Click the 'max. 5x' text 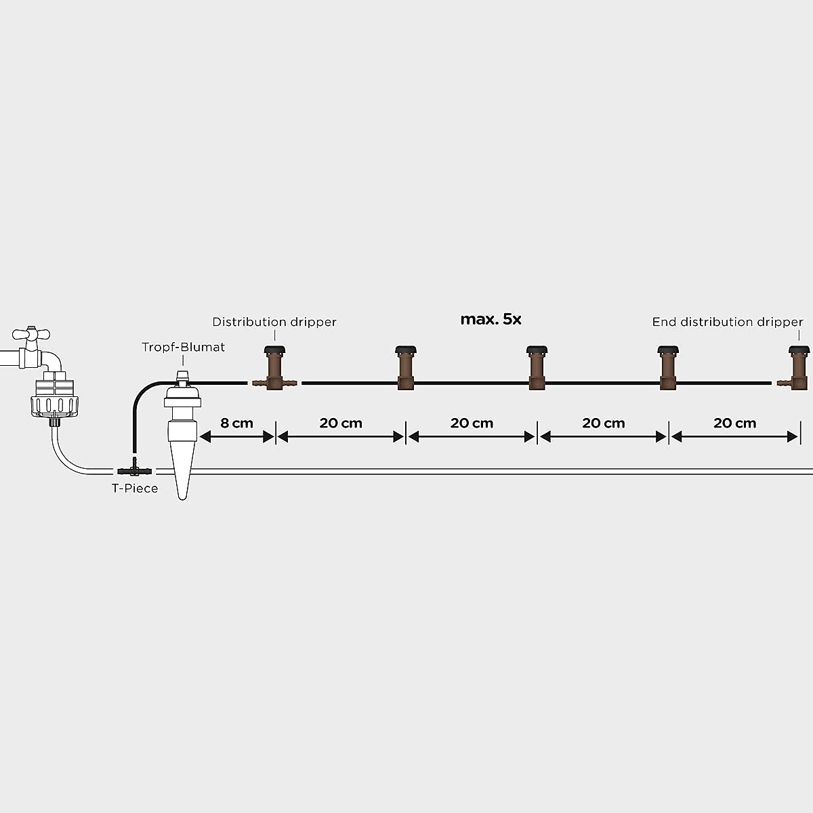pyautogui.click(x=491, y=319)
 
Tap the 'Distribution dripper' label pyautogui.click(x=274, y=322)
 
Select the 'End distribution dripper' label pyautogui.click(x=727, y=322)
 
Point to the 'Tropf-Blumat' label pyautogui.click(x=183, y=347)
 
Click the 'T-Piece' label pyautogui.click(x=135, y=488)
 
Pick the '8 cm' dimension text pyautogui.click(x=236, y=423)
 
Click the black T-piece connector pyautogui.click(x=135, y=470)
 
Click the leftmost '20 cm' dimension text pyautogui.click(x=341, y=423)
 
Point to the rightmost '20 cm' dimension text pyautogui.click(x=734, y=423)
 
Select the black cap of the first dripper pyautogui.click(x=274, y=350)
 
